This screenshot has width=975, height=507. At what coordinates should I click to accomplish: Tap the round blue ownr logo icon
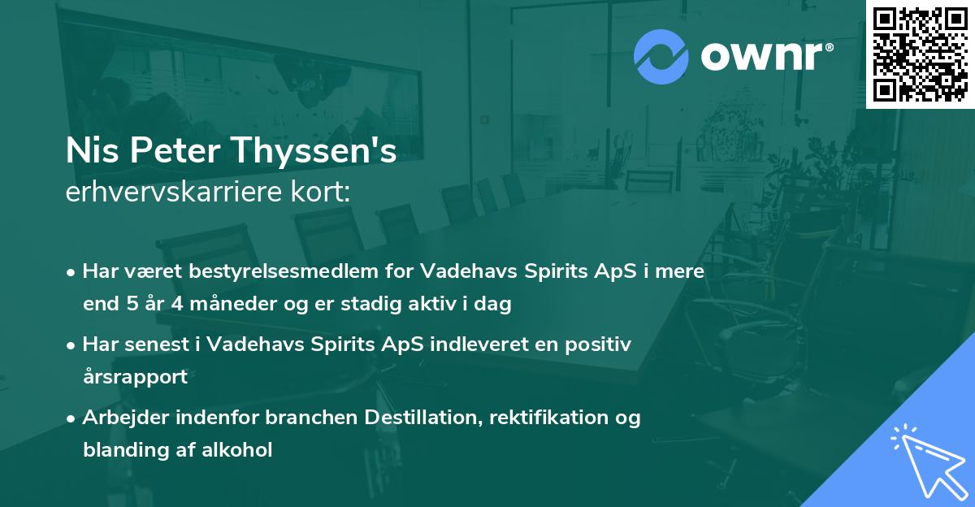click(x=661, y=57)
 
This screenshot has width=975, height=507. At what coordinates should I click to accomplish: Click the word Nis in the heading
click(x=88, y=152)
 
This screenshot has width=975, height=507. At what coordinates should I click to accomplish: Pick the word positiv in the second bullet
click(x=601, y=344)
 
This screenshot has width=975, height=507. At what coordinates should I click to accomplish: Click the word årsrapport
click(x=135, y=377)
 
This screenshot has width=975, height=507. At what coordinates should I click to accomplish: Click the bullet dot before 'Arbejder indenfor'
click(x=72, y=418)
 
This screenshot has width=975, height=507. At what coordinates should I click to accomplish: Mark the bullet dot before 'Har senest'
click(x=72, y=344)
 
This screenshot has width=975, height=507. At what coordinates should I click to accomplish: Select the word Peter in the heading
click(x=184, y=152)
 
